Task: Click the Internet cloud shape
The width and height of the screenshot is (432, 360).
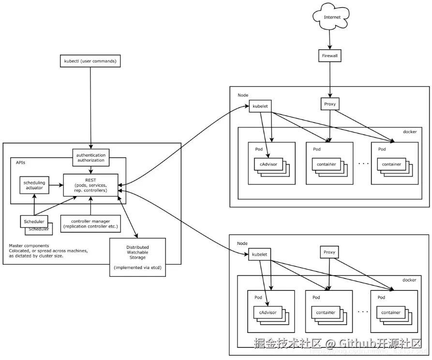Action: tap(332, 17)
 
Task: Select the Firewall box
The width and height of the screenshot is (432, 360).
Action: tap(330, 56)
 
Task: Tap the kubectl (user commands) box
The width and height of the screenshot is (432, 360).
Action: tap(90, 61)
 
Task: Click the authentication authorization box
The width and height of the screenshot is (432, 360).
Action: tap(90, 157)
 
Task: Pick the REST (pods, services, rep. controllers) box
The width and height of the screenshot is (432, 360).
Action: tap(90, 185)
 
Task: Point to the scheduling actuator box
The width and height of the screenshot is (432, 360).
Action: tap(34, 185)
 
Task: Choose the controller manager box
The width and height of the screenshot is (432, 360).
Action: tap(90, 223)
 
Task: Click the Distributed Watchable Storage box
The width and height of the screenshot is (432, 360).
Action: tap(137, 257)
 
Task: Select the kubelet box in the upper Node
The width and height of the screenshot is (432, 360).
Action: tap(260, 106)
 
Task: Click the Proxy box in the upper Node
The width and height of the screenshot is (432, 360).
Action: tap(330, 104)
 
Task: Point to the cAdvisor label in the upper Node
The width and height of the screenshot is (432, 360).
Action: tap(268, 164)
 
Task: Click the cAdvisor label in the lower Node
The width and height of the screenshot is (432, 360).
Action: tap(268, 312)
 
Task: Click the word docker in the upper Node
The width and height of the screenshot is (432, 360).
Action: tap(409, 132)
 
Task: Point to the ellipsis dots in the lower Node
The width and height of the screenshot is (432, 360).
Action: tap(362, 312)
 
